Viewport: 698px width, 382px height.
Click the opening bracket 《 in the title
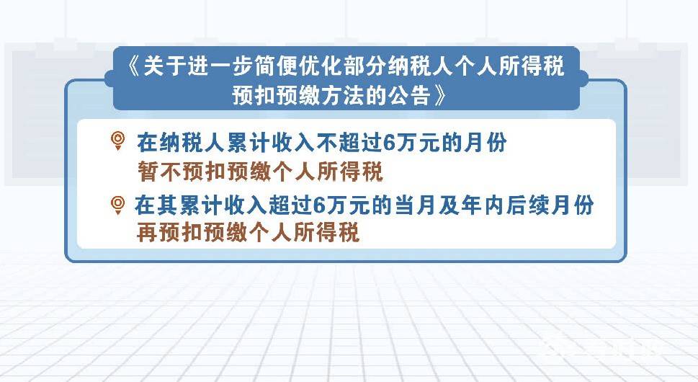133,67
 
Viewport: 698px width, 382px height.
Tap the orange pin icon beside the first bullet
117,141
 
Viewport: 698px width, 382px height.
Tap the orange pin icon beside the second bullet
117,205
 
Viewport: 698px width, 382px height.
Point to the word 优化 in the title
321,67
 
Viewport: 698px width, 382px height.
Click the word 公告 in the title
410,95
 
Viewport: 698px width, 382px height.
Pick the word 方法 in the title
343,95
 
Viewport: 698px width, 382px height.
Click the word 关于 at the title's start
165,67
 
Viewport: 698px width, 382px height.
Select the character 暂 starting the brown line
148,172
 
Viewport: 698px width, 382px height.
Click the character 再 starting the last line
147,232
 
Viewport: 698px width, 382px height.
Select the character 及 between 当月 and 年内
449,205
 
